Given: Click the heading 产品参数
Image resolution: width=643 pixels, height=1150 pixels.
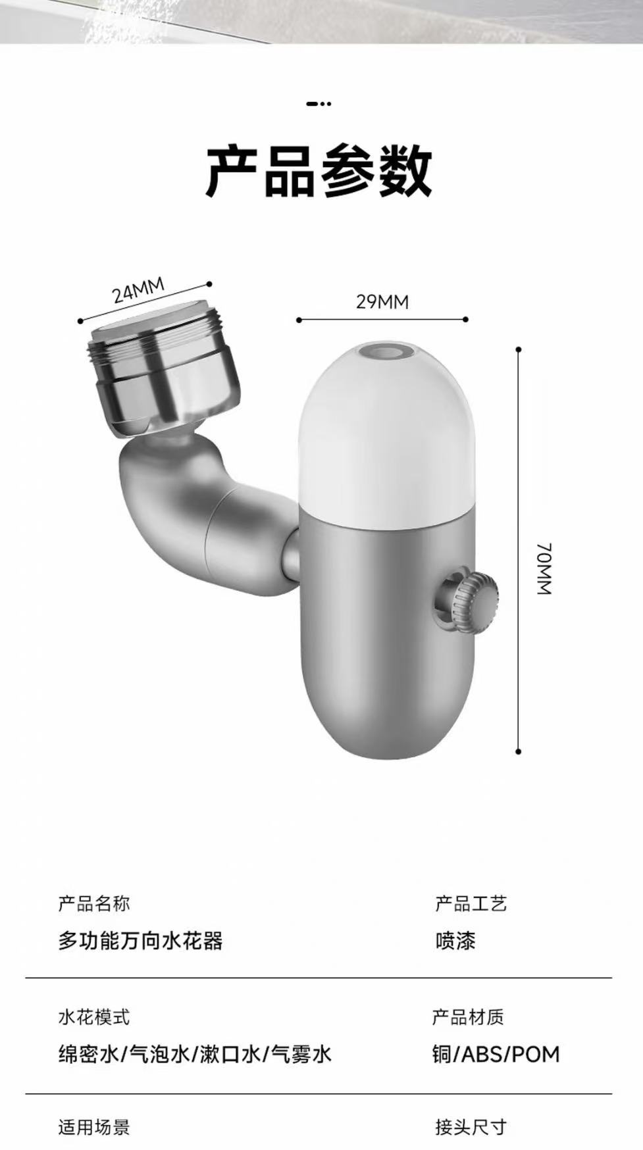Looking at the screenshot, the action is click(x=320, y=172).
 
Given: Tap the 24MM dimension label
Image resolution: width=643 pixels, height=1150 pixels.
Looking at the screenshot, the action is click(x=138, y=290).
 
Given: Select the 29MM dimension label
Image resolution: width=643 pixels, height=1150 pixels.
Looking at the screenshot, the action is click(x=382, y=302).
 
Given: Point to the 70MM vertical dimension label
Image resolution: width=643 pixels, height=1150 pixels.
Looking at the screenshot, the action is click(x=544, y=569).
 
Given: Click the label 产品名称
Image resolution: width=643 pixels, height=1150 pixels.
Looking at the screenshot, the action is click(x=94, y=903).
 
